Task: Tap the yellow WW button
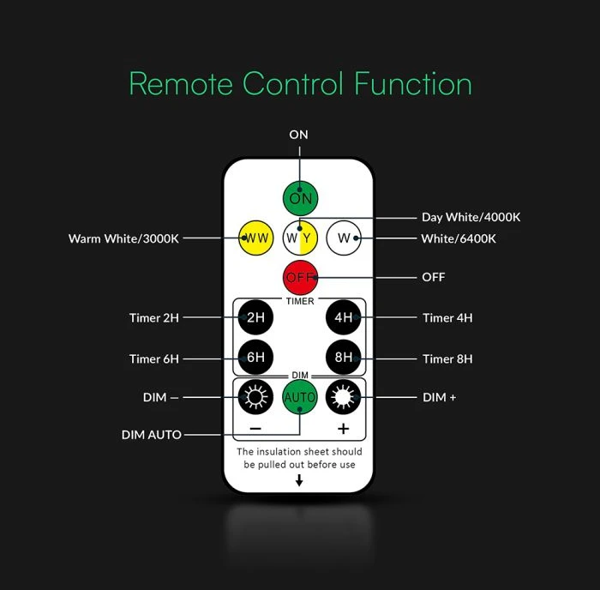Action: click(x=255, y=238)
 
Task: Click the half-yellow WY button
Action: click(x=300, y=238)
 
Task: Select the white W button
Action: click(x=344, y=238)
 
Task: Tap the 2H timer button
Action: click(x=255, y=317)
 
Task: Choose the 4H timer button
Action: click(x=344, y=317)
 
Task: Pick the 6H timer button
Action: click(x=255, y=358)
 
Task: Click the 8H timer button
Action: click(x=344, y=358)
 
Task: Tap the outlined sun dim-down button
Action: click(x=255, y=397)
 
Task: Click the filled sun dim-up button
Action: click(x=344, y=397)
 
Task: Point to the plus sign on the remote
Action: click(x=343, y=429)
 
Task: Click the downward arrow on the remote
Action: click(x=299, y=480)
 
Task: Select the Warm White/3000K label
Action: click(x=123, y=238)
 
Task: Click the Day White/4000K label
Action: click(x=471, y=217)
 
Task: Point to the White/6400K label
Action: click(x=459, y=238)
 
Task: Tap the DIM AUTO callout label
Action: click(x=152, y=435)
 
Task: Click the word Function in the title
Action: click(x=413, y=83)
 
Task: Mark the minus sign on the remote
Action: click(x=255, y=429)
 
